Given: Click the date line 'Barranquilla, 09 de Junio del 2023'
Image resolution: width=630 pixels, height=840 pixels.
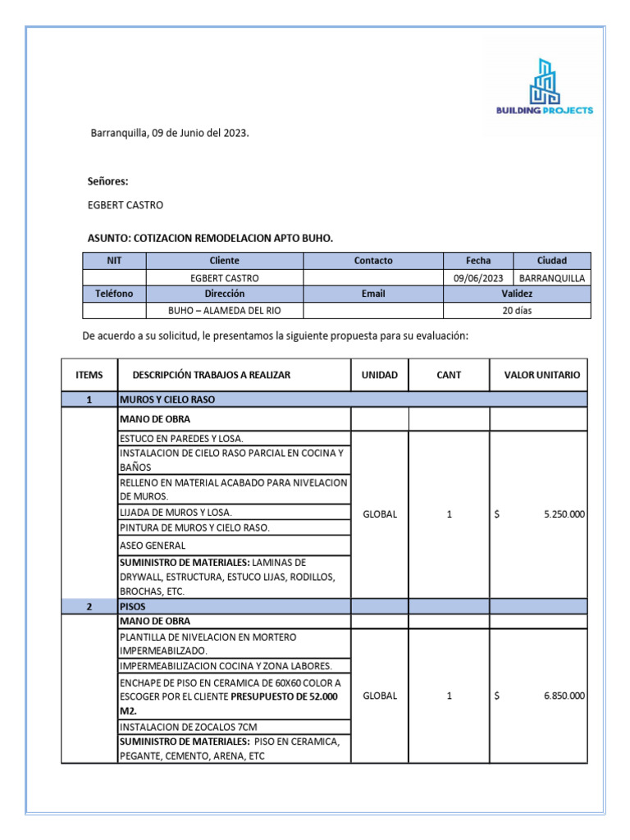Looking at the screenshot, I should click(x=170, y=132).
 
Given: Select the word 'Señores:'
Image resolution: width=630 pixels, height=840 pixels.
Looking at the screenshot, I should click(x=108, y=181).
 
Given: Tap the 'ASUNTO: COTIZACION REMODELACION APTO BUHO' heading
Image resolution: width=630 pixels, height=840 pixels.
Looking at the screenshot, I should click(x=210, y=238).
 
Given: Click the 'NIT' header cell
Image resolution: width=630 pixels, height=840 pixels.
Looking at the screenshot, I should click(x=114, y=261).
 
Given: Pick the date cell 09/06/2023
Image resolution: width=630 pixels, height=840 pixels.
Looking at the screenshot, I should click(x=478, y=278).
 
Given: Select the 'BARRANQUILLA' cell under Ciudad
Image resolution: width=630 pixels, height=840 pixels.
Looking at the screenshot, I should click(x=552, y=278).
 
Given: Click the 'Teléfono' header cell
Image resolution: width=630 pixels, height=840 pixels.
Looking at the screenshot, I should click(x=114, y=294).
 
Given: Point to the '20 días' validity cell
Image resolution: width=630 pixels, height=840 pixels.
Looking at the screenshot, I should click(x=517, y=311).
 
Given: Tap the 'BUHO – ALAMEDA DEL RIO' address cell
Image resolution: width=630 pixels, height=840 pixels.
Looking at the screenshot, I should click(x=224, y=311).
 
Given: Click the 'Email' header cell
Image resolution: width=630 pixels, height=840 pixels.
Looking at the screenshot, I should click(x=373, y=294).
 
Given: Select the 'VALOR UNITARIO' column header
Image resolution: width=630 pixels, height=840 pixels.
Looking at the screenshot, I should click(x=541, y=375).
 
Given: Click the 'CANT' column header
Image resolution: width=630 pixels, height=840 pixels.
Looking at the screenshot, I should click(x=449, y=375).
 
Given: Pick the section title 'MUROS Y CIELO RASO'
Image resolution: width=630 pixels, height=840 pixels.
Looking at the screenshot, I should click(x=167, y=399).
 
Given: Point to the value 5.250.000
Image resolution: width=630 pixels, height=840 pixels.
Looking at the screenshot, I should click(x=564, y=514).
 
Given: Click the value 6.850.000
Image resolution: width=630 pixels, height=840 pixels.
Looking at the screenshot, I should click(x=564, y=696).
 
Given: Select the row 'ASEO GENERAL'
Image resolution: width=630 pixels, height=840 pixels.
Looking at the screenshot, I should click(x=153, y=546).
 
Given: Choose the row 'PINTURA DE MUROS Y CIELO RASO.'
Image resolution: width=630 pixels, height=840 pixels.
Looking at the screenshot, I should click(x=194, y=527).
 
